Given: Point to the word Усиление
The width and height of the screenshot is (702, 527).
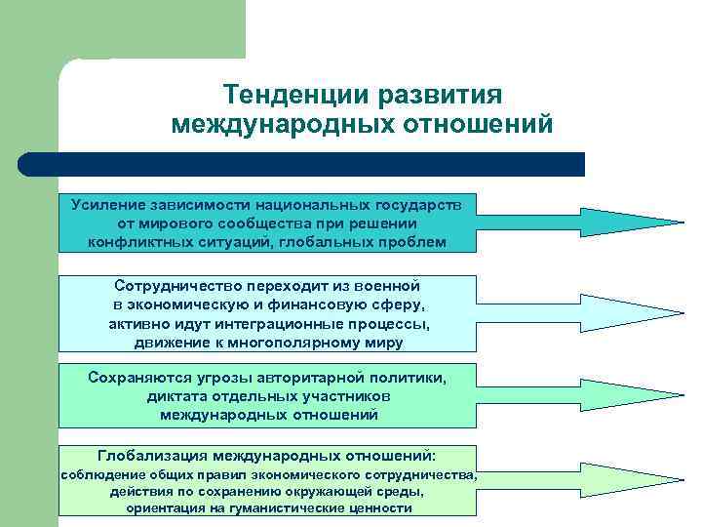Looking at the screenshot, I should (107, 206).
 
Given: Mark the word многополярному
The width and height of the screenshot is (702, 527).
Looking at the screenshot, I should (291, 343).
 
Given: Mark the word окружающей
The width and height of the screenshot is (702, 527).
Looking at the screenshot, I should (334, 491).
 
